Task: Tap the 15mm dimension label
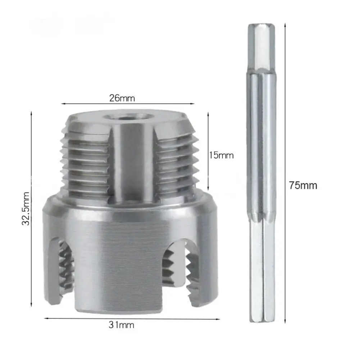(x=221, y=155)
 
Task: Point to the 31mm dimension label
(x=122, y=325)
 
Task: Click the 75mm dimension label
(x=303, y=186)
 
